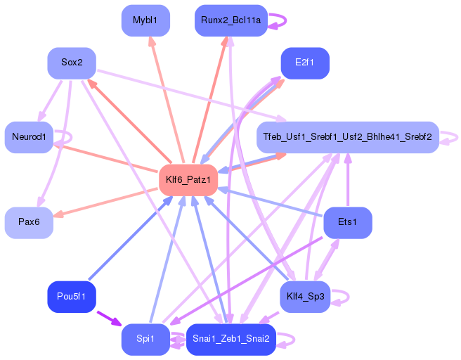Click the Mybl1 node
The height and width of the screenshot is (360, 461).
click(145, 20)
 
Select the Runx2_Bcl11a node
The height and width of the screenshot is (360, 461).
click(231, 20)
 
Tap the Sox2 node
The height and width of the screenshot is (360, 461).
click(72, 63)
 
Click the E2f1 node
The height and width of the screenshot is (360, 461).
click(305, 63)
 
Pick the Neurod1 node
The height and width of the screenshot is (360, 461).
click(29, 137)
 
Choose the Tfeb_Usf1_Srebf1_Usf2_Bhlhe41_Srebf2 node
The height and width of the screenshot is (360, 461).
click(348, 137)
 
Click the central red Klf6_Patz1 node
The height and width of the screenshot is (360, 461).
click(188, 180)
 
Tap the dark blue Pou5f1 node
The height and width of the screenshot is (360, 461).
click(72, 297)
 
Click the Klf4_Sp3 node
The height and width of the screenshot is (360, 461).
click(305, 297)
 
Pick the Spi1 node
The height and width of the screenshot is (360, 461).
click(145, 340)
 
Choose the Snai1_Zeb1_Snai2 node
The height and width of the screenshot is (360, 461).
click(231, 340)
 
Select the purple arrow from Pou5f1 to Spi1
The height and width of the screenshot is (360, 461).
click(109, 319)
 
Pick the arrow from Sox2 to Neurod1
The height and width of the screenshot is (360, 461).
click(50, 101)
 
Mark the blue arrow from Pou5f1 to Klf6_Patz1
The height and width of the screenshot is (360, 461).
click(131, 238)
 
